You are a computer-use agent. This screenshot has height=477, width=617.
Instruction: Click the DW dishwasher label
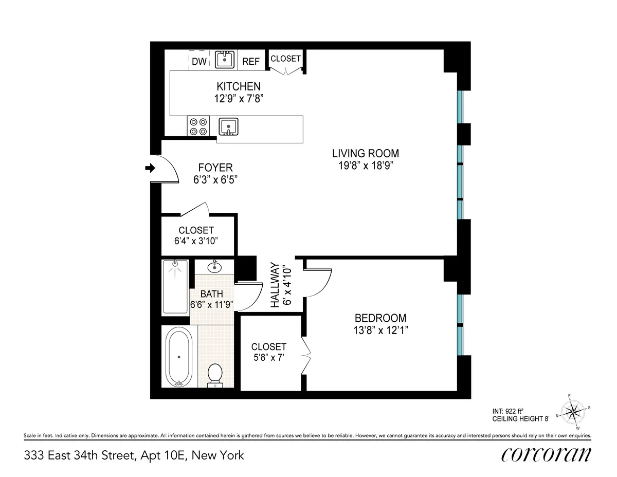pos(199,62)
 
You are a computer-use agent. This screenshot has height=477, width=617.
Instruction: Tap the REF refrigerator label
pos(251,62)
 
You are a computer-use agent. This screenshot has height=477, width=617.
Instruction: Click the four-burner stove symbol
pos(198,126)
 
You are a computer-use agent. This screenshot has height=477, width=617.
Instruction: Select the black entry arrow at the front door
pos(150,168)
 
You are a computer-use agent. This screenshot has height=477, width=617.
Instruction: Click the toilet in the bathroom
pos(214,375)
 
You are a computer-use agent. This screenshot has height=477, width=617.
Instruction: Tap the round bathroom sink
pos(214,267)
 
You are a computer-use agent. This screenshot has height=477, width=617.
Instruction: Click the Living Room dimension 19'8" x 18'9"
pos(365,166)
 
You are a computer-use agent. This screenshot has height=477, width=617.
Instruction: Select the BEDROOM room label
pos(380,318)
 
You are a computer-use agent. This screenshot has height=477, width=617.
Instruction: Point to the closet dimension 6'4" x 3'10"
pos(196,242)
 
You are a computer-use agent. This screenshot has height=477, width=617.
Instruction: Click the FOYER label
pos(215,168)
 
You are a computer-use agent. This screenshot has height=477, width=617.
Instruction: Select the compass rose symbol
pos(572,411)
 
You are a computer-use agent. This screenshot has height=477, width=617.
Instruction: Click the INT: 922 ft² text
pos(507,411)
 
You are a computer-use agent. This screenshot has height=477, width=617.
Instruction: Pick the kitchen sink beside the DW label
pos(224,59)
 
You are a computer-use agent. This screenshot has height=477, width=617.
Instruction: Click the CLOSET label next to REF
pos(285,59)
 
